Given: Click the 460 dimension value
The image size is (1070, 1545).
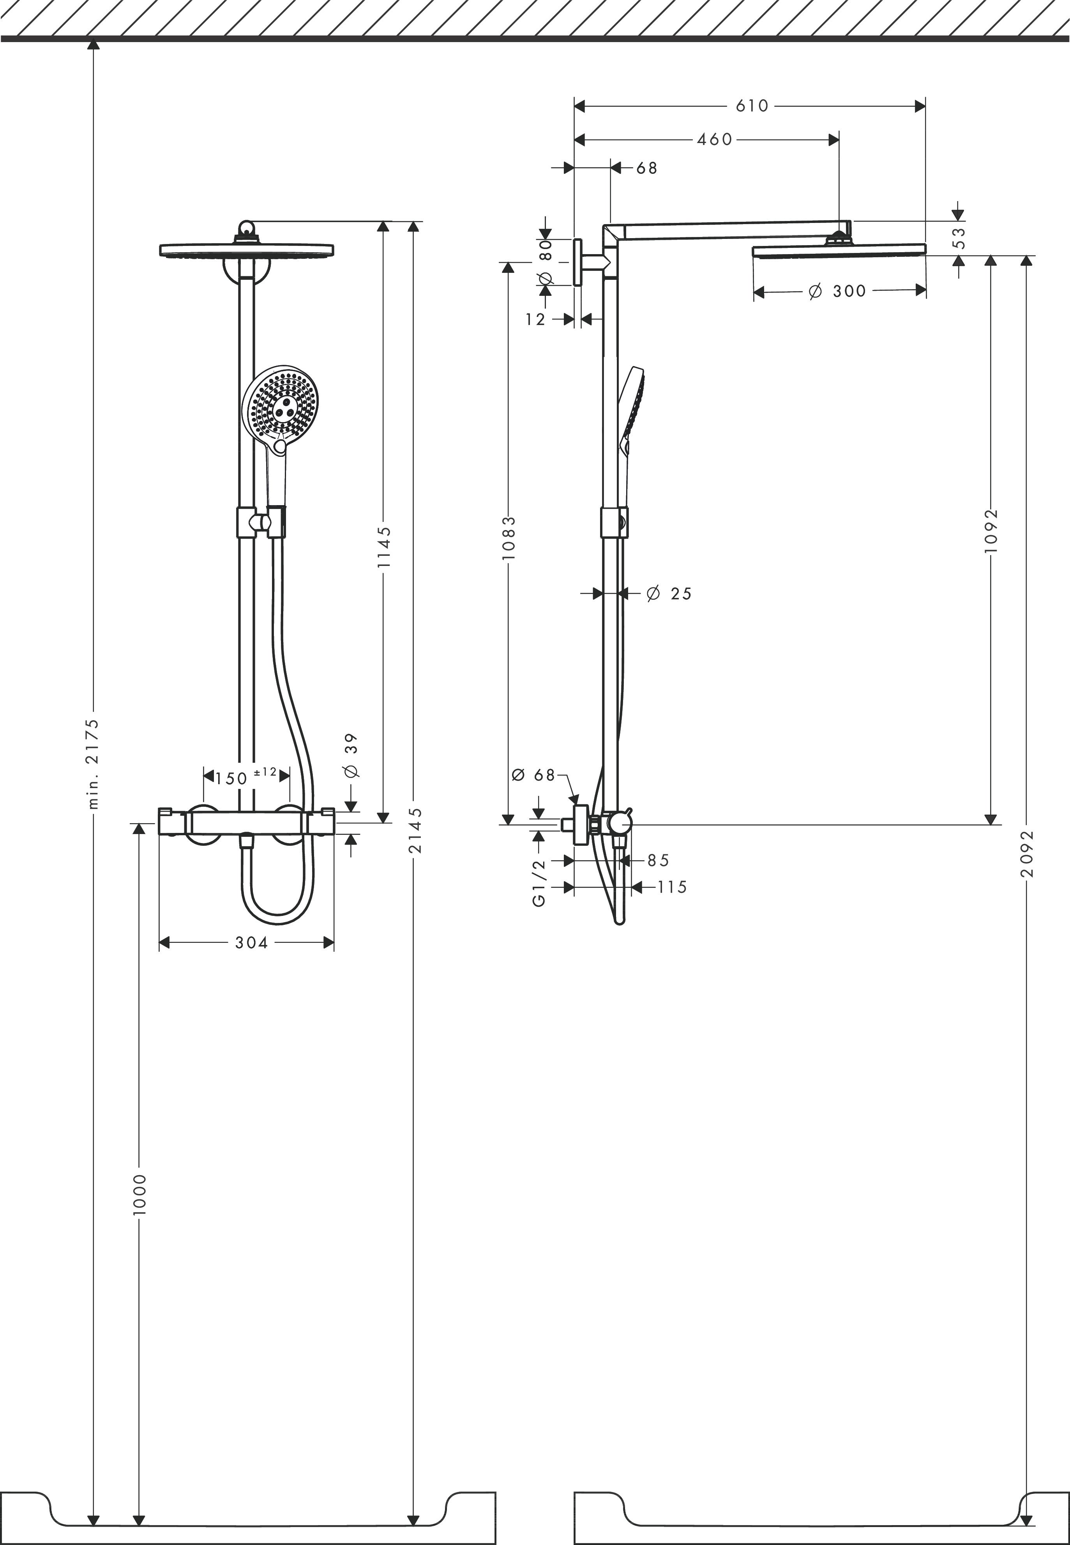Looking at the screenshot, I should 715,140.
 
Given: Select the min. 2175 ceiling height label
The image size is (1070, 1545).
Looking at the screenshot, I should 94,764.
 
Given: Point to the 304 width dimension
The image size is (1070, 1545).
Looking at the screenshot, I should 251,943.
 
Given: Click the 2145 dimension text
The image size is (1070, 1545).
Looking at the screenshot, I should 416,830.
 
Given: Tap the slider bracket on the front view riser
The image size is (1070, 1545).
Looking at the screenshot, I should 260,522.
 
